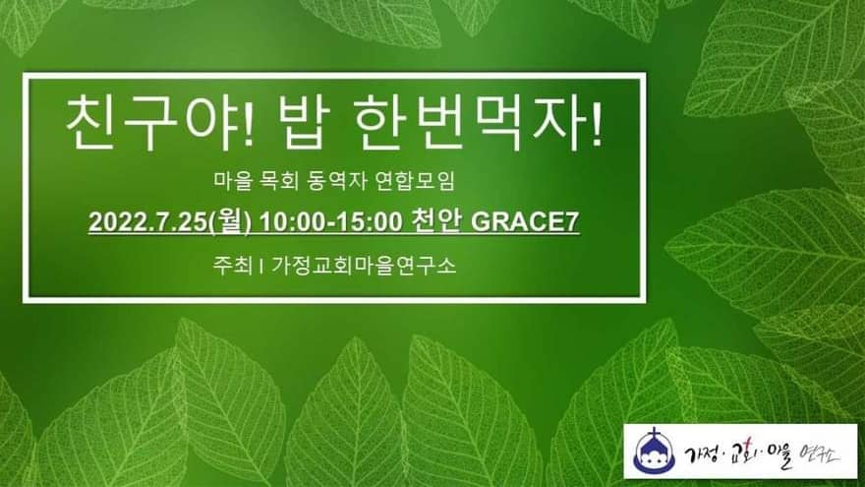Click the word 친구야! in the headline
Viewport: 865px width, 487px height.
click(x=160, y=123)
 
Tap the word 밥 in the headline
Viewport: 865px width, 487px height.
click(x=305, y=123)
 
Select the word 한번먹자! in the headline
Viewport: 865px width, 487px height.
click(x=479, y=123)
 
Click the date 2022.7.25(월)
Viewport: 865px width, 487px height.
click(x=170, y=222)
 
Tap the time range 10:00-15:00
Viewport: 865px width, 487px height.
click(x=331, y=222)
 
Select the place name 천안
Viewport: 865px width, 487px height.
click(x=435, y=222)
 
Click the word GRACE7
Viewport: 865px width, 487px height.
click(x=524, y=222)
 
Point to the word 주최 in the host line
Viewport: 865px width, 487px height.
click(x=232, y=266)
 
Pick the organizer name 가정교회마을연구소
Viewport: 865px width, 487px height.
click(x=364, y=266)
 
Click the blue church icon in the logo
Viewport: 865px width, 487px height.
click(x=655, y=452)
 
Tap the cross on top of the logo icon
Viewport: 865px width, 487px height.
click(x=655, y=434)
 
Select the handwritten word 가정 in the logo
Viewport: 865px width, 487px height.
click(x=700, y=455)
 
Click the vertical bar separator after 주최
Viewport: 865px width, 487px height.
click(x=260, y=267)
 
